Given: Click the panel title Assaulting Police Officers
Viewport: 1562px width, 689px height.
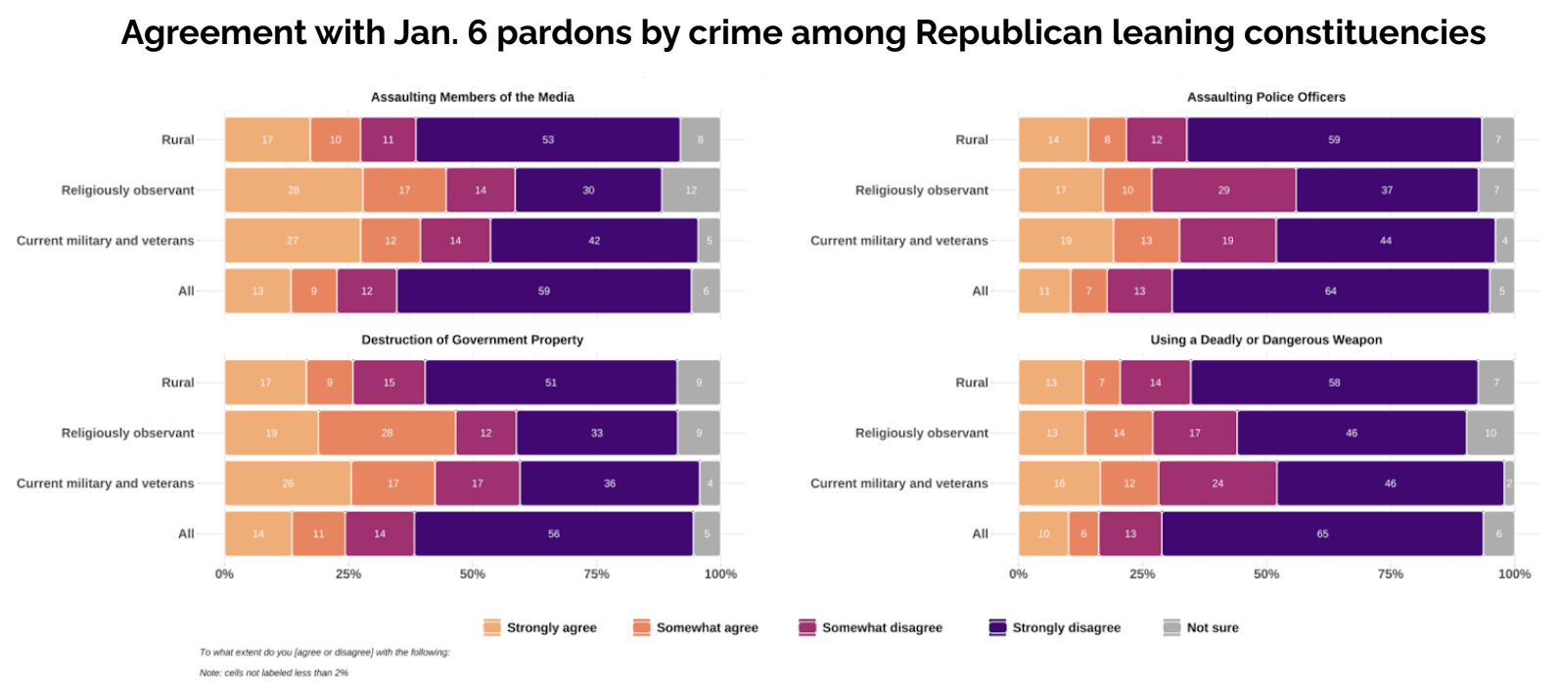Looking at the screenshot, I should [1265, 97].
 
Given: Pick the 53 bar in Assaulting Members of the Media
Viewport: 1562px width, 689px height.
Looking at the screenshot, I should [548, 140].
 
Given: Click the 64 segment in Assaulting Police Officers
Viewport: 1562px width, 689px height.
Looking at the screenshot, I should [1330, 291].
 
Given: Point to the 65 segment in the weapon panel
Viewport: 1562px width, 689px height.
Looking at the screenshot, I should [1322, 533].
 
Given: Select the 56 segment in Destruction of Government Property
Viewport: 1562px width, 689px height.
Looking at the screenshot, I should [554, 533].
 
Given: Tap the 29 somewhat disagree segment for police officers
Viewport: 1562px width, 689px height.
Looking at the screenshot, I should [1223, 190].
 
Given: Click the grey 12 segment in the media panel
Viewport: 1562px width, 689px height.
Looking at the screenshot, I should [691, 190].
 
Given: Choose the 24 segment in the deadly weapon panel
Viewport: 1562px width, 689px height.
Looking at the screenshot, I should [1217, 483].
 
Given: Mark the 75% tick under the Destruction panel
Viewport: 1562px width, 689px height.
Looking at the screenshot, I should [596, 574].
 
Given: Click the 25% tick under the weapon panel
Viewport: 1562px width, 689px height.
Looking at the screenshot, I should [1142, 574].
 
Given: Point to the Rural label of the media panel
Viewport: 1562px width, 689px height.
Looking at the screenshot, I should [177, 140].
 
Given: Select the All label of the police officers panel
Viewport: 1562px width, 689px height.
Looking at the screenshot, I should [980, 291].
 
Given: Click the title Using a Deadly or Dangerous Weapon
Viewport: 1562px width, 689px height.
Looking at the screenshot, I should [1265, 340].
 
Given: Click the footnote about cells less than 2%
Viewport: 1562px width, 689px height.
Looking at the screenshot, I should [274, 672].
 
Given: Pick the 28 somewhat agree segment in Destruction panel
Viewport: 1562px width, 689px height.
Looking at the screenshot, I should [387, 433].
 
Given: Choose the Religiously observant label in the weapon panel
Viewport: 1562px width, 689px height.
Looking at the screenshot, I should [921, 433].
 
